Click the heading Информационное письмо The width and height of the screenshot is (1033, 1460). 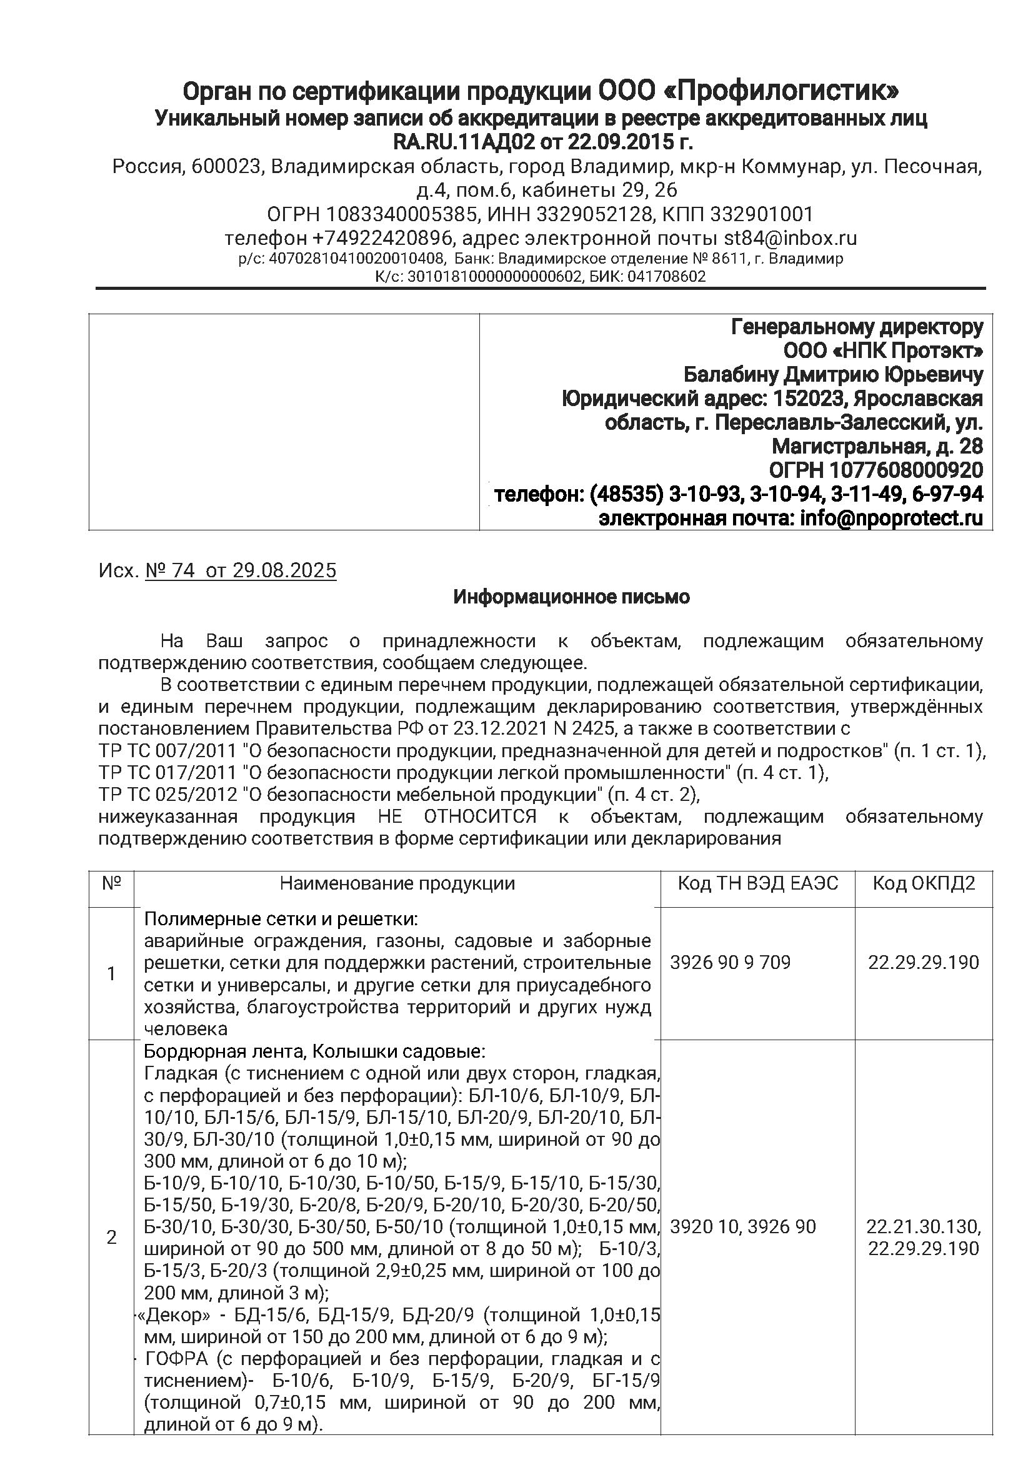click(x=571, y=598)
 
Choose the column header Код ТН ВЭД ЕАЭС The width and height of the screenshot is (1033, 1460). click(x=757, y=884)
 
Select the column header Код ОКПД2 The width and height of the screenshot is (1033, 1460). click(x=924, y=884)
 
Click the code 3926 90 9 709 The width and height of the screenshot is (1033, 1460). click(x=730, y=963)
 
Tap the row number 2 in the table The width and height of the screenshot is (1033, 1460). click(x=112, y=1238)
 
